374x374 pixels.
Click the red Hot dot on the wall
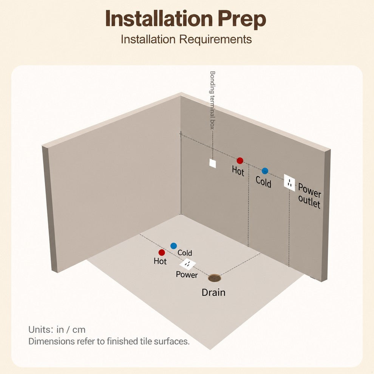tap(240, 161)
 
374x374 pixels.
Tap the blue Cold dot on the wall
tap(265, 171)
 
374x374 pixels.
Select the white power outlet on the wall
tap(289, 182)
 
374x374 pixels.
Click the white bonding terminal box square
tap(213, 163)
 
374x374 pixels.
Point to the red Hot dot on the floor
tap(162, 252)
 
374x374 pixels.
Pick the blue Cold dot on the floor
tap(174, 246)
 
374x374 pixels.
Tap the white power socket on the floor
tap(188, 264)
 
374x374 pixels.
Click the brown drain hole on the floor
tap(215, 278)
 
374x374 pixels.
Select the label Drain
tap(213, 292)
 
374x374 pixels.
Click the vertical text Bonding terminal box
tap(212, 100)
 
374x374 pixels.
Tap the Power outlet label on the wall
tap(309, 196)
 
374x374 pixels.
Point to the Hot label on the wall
tap(238, 171)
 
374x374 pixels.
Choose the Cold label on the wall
tap(263, 182)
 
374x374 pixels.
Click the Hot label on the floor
tap(160, 261)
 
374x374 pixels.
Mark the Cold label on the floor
tap(185, 253)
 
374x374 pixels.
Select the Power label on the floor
tap(187, 275)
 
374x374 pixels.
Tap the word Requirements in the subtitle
tap(215, 39)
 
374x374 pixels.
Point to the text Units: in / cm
tap(57, 330)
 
